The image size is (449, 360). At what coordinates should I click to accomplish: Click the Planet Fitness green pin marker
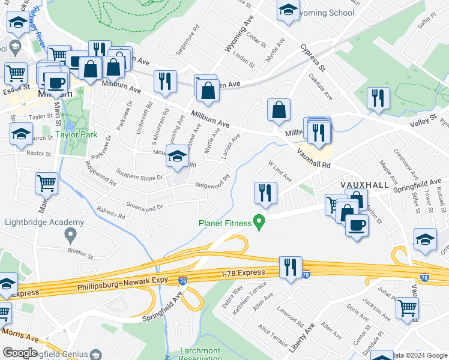[259, 223]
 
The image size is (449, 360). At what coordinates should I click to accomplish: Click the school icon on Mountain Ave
[176, 157]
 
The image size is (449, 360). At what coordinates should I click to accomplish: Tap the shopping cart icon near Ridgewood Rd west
[46, 184]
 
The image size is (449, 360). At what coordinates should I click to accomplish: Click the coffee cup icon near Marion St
[357, 225]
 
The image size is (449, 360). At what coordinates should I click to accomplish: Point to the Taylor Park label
[76, 135]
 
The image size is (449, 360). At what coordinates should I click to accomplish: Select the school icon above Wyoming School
[288, 10]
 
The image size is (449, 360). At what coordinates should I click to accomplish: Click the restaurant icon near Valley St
[378, 98]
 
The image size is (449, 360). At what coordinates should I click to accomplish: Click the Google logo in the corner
[20, 353]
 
